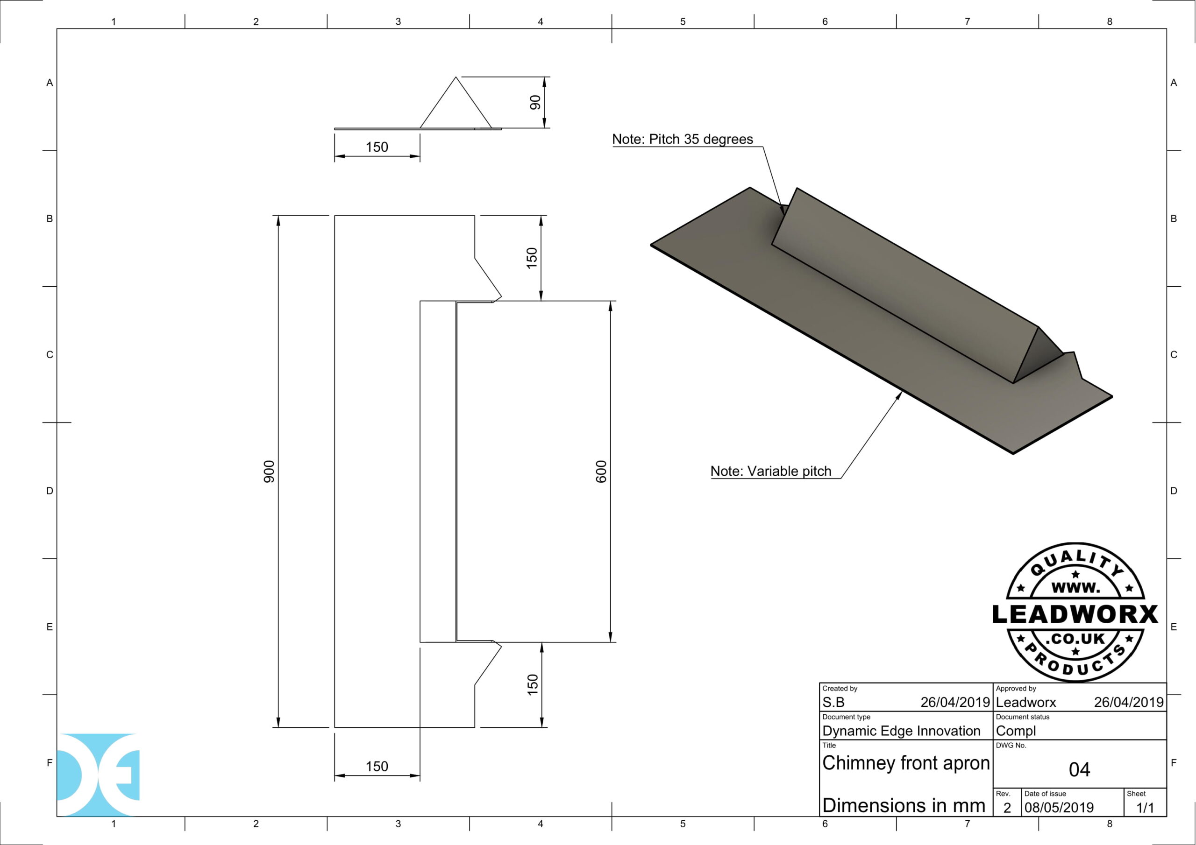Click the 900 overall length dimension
point(269,471)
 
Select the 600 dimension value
point(601,471)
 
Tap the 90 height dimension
point(535,103)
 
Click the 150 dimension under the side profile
point(377,148)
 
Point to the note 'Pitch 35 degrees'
point(683,140)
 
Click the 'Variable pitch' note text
point(770,471)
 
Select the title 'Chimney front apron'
point(905,763)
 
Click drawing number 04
point(1079,769)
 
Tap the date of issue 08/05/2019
point(1059,808)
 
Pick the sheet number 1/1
point(1145,808)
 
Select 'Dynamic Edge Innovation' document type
point(901,731)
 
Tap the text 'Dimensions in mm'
point(903,805)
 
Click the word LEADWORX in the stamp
point(1075,614)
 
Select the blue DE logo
point(98,774)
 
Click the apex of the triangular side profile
point(456,77)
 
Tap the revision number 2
point(1007,808)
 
